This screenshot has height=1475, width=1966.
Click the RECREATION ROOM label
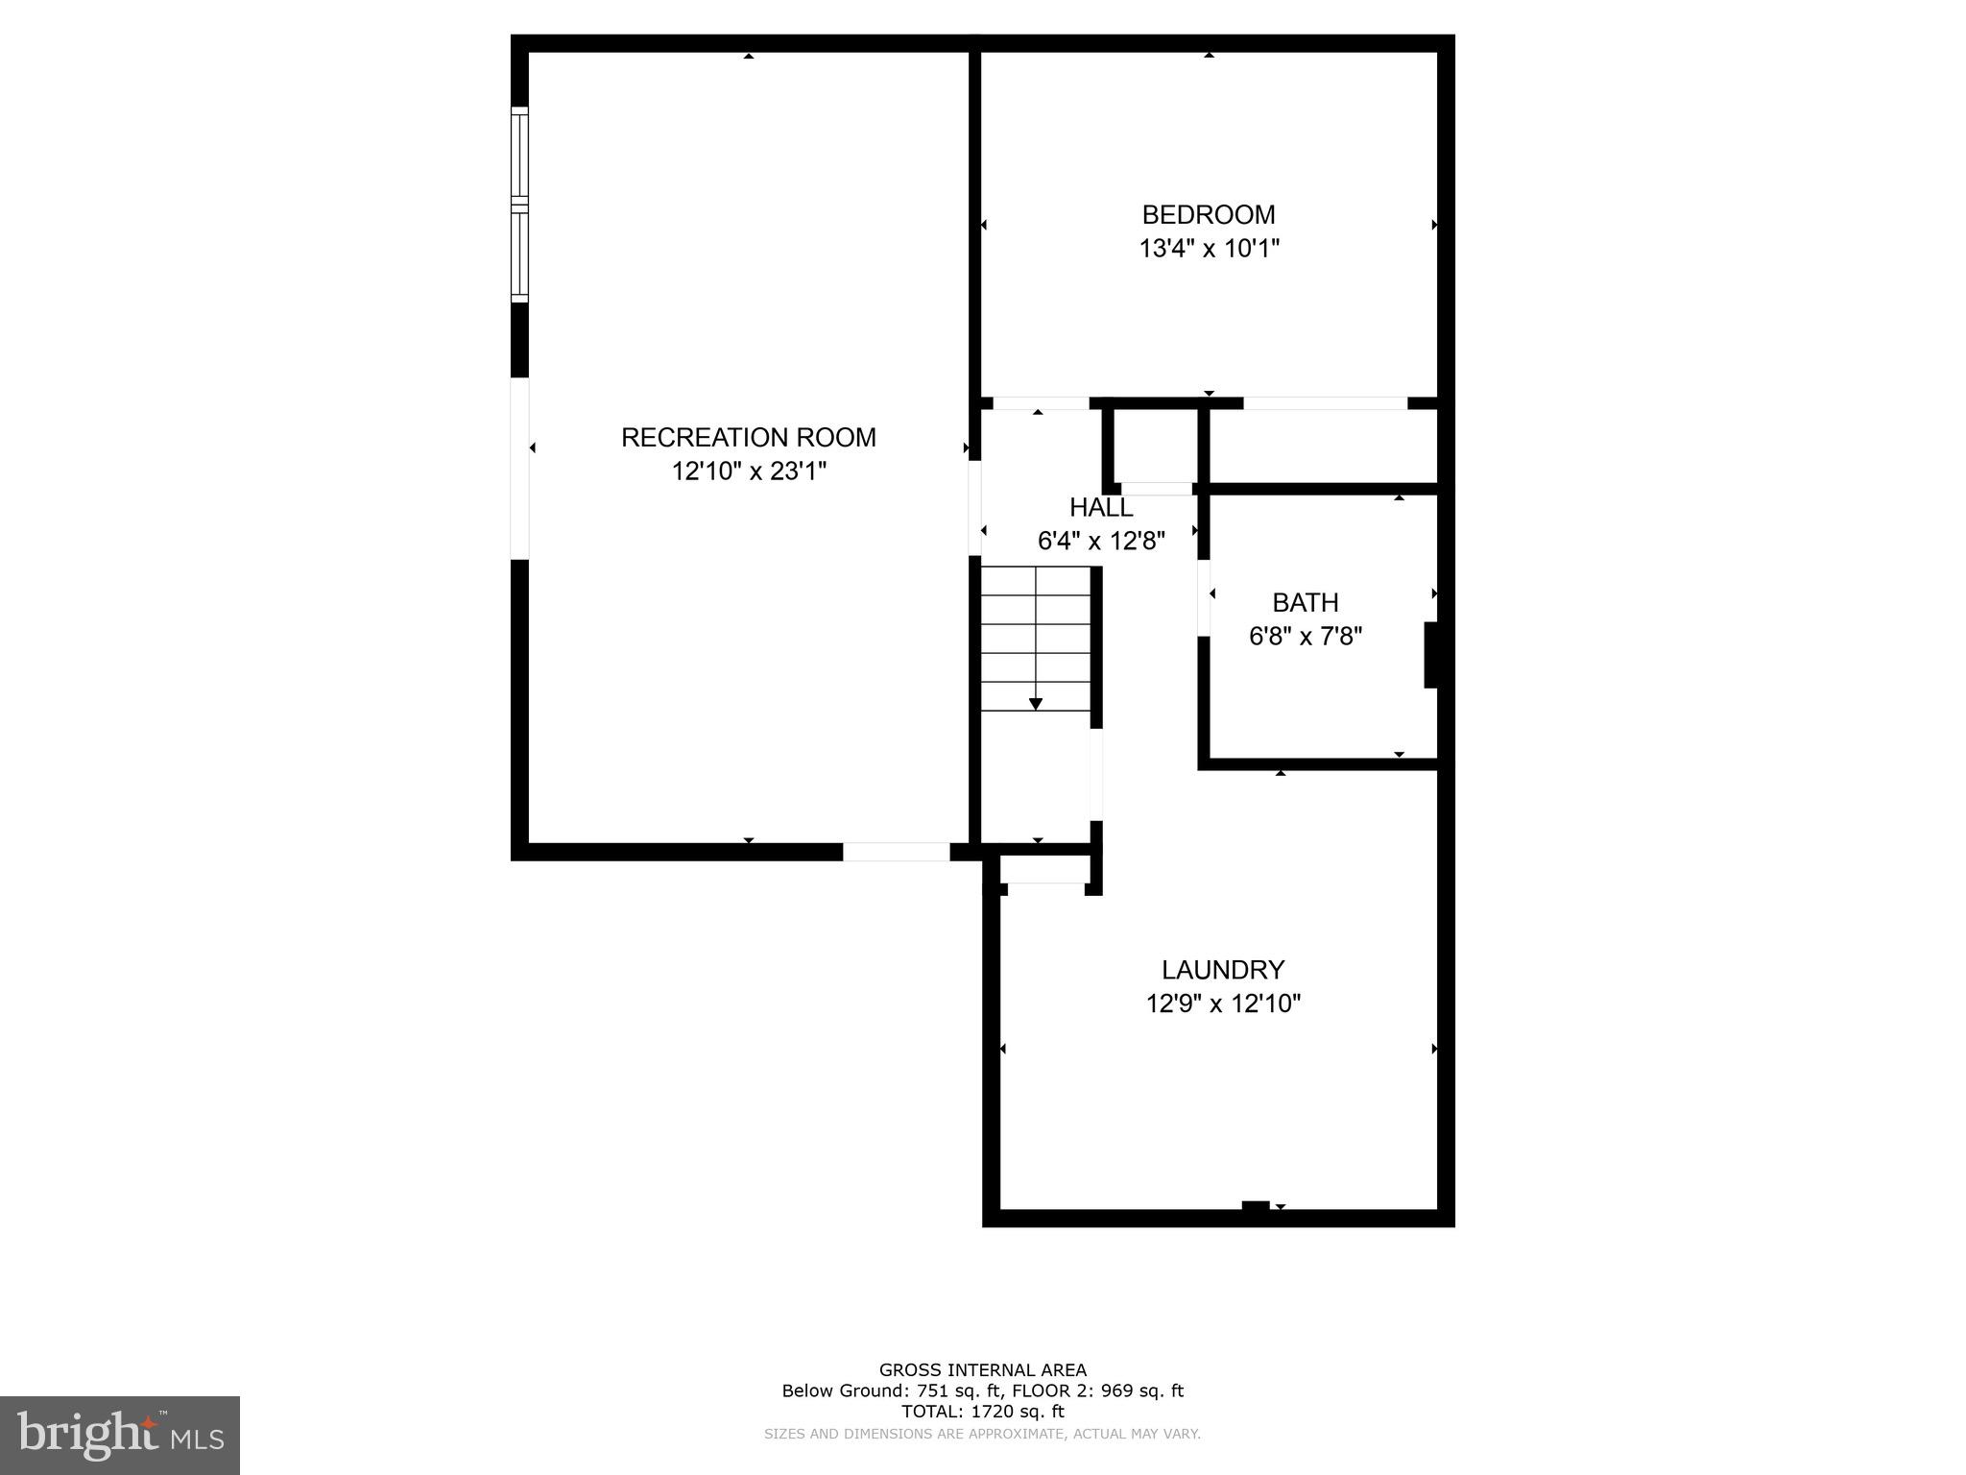pos(748,437)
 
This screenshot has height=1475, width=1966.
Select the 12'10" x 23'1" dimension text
pos(748,472)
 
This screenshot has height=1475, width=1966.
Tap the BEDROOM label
pos(1209,214)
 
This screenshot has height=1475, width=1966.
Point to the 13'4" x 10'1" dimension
pos(1209,249)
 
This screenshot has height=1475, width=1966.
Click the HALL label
pos(1101,507)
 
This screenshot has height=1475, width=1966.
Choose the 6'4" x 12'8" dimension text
pos(1101,541)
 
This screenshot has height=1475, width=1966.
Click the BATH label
pos(1305,602)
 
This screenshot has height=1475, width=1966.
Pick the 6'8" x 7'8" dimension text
pos(1305,636)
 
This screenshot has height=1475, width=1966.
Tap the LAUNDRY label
pos(1223,969)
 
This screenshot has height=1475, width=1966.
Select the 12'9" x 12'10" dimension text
pos(1223,1003)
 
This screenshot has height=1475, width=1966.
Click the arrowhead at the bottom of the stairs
pos(1036,704)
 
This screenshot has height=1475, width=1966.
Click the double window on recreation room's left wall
pos(519,204)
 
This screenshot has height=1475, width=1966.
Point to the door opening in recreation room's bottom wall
pos(896,852)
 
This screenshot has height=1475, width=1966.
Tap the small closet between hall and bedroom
pos(1156,447)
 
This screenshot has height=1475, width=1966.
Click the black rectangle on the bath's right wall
pos(1430,655)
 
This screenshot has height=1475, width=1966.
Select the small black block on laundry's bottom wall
pos(1255,1206)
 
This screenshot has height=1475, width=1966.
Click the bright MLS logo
pos(120,1435)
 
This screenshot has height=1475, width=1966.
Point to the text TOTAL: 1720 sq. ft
pos(982,1412)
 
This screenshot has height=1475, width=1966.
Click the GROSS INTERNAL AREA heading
pos(982,1370)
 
